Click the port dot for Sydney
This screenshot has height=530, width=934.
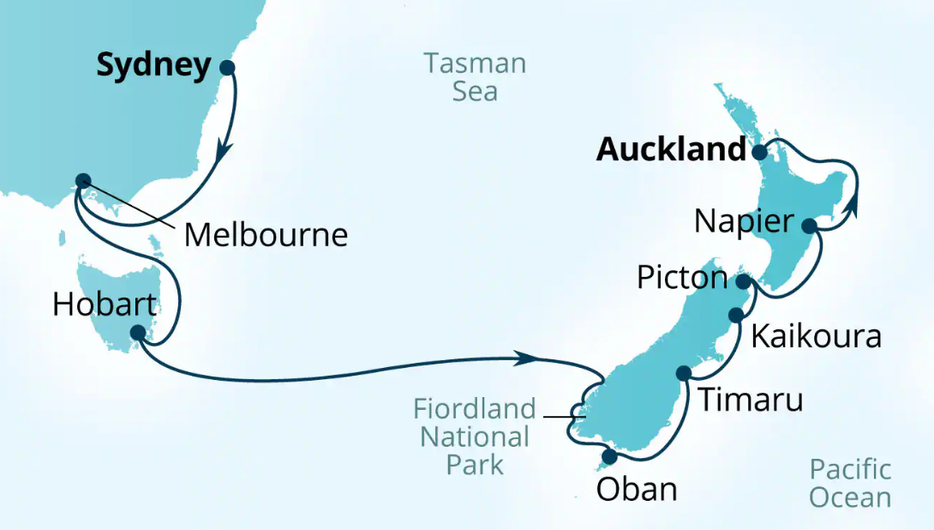point(227,68)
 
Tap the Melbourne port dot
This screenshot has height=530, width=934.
point(82,181)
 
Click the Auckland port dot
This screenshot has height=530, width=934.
point(759,153)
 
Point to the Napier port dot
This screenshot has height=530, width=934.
point(808,226)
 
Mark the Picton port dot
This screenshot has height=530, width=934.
point(744,281)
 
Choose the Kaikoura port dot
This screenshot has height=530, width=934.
point(735,316)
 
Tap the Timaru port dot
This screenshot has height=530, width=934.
point(683,373)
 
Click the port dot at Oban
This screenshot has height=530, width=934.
point(609,456)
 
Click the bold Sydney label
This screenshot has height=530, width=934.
point(153,66)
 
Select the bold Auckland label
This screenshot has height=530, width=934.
point(671,150)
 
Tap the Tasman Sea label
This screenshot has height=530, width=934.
point(475,76)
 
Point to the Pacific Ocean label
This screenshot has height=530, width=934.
point(850,484)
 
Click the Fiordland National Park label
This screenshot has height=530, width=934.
point(475,437)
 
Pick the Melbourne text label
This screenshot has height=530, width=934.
point(266,235)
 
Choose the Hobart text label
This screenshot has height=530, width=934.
point(105,304)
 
